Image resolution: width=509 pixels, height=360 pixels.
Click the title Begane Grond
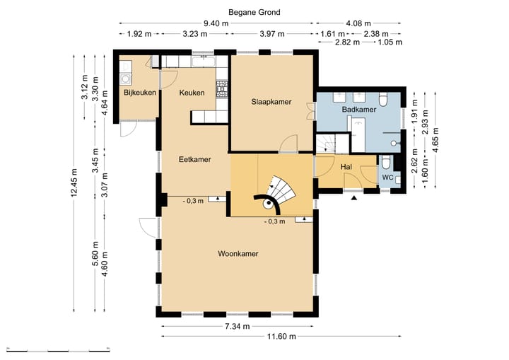pos(255,12)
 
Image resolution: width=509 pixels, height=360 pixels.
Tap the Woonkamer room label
pos(238,254)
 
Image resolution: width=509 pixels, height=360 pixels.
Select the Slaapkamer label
pos(271,102)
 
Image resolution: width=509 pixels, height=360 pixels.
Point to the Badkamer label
pos(359,110)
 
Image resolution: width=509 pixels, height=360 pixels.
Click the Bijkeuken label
pos(140,93)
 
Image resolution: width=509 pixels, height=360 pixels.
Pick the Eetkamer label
pos(195,160)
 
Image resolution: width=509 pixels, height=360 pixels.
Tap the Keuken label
pos(192,93)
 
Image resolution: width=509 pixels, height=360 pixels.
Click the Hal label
pos(346,167)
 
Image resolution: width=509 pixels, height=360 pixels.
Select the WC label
pos(387,178)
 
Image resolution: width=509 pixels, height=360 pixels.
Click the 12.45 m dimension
pos(74,182)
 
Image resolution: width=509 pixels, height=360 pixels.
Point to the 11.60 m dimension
pos(281,336)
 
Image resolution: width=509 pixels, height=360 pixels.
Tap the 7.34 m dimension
pos(238,326)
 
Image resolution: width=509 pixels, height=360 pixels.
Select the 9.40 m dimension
pos(216,23)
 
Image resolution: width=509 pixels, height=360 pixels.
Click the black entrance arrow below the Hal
pos(354,197)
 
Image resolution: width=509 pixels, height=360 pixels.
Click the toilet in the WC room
pos(386,162)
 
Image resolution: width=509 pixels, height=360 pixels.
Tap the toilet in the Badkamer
pos(383,100)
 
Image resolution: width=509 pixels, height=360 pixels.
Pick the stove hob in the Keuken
pos(222,88)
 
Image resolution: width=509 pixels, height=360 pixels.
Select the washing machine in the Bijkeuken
pos(125,79)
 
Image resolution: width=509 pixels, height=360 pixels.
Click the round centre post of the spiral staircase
pos(269,204)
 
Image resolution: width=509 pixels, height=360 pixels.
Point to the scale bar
pos(58,350)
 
